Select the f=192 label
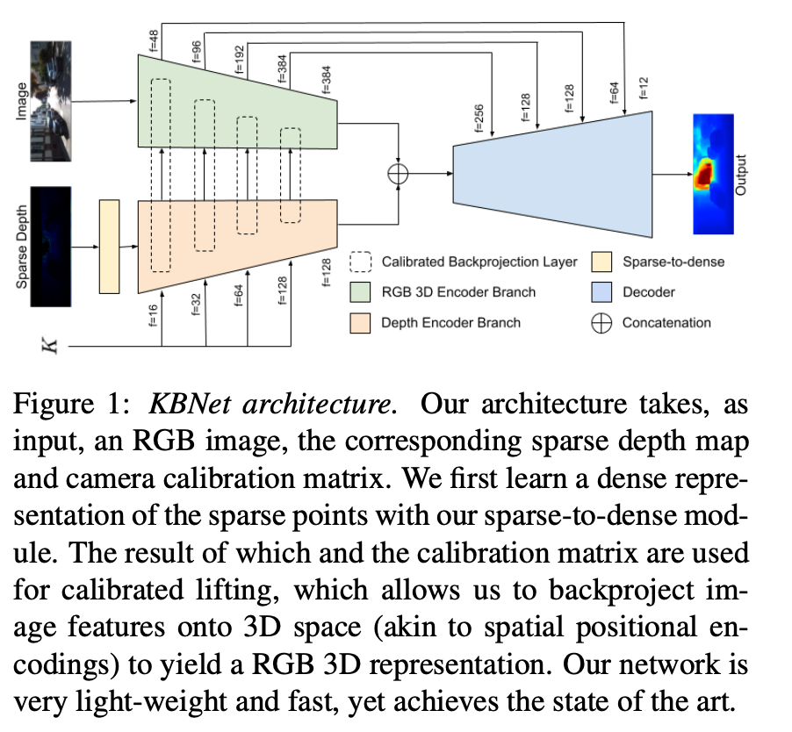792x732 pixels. (238, 58)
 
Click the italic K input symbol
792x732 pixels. (51, 346)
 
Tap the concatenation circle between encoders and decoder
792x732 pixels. (399, 174)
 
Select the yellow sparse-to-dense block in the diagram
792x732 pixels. (109, 246)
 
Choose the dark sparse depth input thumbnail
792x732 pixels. (50, 246)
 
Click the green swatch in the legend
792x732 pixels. (363, 291)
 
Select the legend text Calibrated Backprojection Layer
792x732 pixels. (479, 262)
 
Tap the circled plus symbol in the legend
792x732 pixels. (601, 322)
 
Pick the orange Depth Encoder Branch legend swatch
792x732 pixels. (363, 322)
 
